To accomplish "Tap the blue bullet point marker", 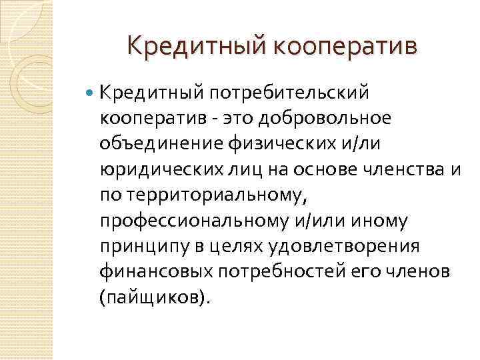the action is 89,92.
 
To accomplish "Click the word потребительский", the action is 289,93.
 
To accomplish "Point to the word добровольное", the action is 325,119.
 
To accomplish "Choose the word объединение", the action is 161,144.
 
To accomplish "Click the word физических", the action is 282,144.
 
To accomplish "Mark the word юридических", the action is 162,169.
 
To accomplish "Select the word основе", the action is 325,169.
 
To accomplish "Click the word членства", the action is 403,169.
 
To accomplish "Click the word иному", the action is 379,221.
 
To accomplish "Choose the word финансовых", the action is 157,273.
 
